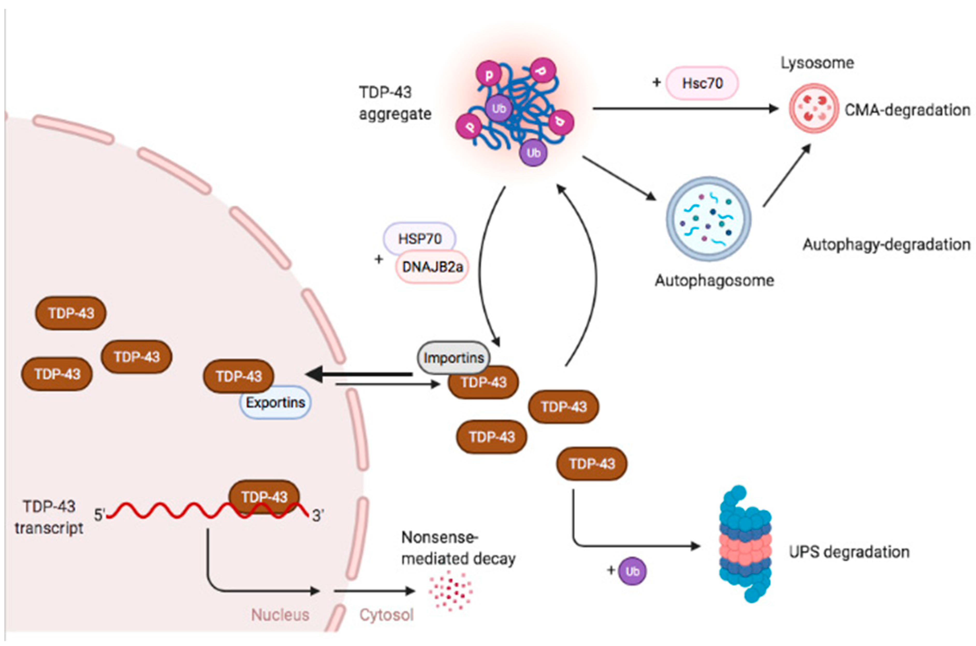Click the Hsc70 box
click(702, 83)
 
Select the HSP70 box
click(419, 238)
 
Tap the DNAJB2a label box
click(432, 267)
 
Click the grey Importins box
click(453, 357)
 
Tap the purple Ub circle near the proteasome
click(632, 571)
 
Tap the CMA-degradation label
click(907, 110)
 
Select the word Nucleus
click(280, 615)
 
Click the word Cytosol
click(386, 615)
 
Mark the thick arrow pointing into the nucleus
click(358, 374)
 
